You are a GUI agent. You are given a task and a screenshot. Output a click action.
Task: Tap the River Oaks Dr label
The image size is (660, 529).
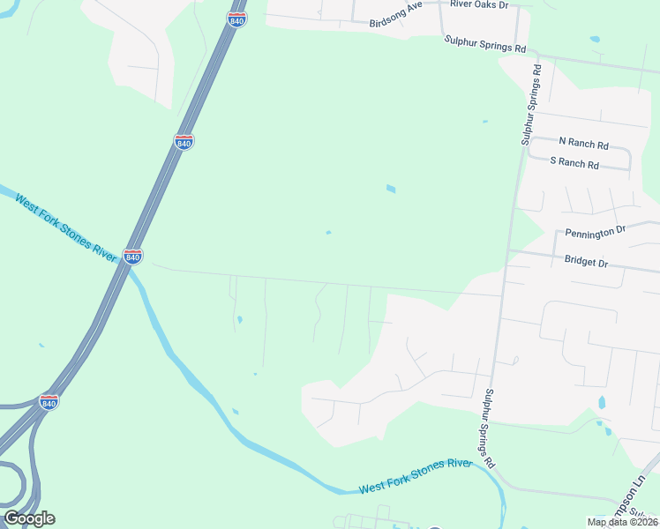480,4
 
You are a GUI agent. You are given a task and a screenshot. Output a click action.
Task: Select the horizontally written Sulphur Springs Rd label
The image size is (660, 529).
485,41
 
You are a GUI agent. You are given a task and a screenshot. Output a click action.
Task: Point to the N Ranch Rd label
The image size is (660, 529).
584,143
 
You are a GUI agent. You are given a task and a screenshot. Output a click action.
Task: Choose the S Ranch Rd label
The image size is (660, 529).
574,163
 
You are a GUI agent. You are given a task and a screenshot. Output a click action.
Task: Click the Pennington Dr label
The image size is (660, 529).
596,232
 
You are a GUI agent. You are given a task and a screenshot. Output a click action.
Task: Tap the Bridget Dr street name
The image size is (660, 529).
586,263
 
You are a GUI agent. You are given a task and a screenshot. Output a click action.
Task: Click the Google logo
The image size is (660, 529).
29,518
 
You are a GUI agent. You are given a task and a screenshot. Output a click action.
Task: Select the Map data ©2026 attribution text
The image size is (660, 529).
622,522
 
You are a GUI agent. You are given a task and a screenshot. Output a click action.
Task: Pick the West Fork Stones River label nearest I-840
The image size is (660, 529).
66,225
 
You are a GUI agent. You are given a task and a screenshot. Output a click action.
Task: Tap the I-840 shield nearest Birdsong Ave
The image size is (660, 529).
236,19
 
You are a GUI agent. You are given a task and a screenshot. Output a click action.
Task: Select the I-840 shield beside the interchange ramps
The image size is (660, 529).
49,401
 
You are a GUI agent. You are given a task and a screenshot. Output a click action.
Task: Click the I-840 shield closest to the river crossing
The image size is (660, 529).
132,256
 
